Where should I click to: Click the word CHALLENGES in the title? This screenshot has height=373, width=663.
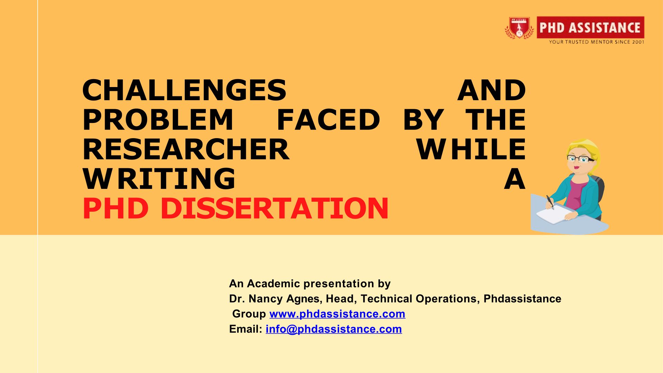(x=184, y=90)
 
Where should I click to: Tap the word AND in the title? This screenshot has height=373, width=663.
(x=492, y=90)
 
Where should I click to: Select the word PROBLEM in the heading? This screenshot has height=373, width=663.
(x=158, y=120)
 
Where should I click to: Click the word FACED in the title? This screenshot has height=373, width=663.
(x=328, y=120)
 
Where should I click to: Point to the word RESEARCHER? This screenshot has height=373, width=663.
(x=186, y=150)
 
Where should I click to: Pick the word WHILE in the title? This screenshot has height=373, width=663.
(x=471, y=150)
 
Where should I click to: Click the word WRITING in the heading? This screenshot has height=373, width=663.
(x=159, y=179)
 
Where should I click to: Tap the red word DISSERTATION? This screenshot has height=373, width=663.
(x=275, y=209)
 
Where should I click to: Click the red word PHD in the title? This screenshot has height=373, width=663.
(x=116, y=209)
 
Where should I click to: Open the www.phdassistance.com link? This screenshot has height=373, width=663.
(x=337, y=314)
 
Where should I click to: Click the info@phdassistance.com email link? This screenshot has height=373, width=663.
(x=334, y=329)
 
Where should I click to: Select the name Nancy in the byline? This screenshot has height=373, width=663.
(x=267, y=299)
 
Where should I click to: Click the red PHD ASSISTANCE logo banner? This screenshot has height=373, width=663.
(x=590, y=27)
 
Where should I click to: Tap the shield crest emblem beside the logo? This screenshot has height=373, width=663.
(x=519, y=28)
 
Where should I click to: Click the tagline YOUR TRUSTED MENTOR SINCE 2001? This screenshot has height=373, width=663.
(x=597, y=42)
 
